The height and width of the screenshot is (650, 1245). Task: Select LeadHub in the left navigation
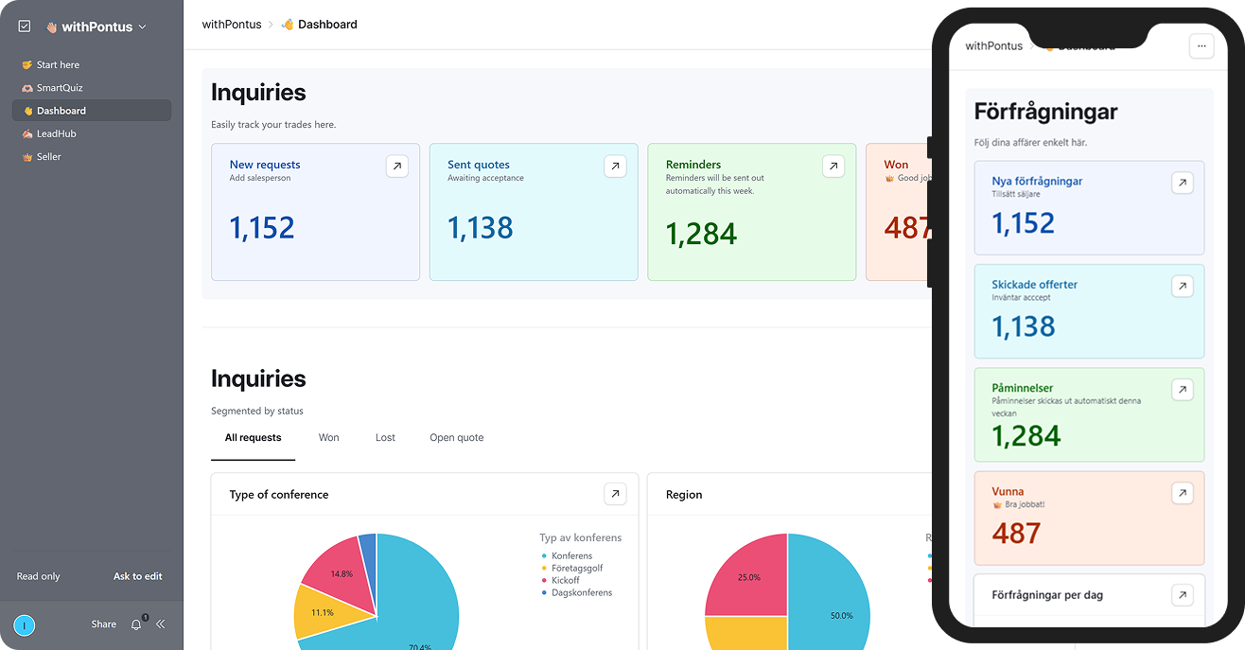coord(56,133)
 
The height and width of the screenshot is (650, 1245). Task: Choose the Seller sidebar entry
coord(48,156)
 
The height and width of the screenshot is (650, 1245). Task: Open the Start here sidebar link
coord(58,65)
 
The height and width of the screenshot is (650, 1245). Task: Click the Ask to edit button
coord(138,576)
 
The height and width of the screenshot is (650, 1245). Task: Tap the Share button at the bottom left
coord(104,624)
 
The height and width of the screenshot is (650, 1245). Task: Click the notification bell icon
coord(136,624)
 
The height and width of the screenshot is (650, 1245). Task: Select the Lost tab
coord(385,438)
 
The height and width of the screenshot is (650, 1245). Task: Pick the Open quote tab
coord(456,438)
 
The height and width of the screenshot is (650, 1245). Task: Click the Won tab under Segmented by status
coord(328,438)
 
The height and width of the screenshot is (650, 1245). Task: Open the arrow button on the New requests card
coord(397,167)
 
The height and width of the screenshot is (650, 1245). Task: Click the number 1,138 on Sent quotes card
coord(481,228)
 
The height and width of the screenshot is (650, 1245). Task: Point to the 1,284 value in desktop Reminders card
coord(701,234)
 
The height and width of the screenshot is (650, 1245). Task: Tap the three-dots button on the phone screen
coord(1201,45)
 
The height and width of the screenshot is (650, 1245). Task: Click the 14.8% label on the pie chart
coord(342,573)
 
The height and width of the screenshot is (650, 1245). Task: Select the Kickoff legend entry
coord(566,580)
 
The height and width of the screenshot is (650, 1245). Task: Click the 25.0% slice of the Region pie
coord(748,577)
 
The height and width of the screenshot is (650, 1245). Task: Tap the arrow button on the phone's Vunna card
coord(1182,493)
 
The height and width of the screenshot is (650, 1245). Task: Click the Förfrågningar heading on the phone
coord(1045,113)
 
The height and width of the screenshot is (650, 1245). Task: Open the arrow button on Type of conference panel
coord(615,494)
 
